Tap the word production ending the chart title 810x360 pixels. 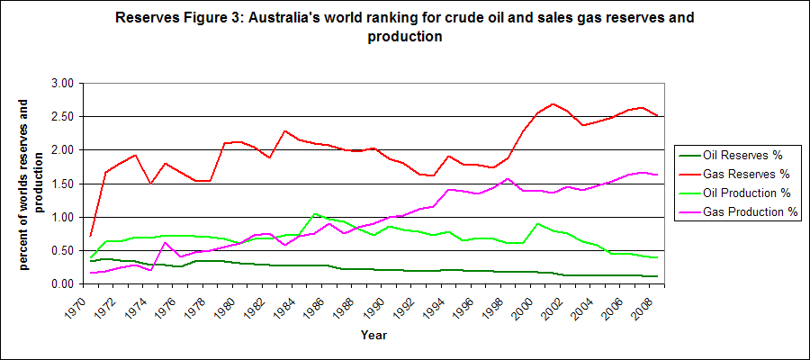(404, 37)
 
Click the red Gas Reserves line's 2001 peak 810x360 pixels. (553, 103)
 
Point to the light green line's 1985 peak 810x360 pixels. (314, 213)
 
